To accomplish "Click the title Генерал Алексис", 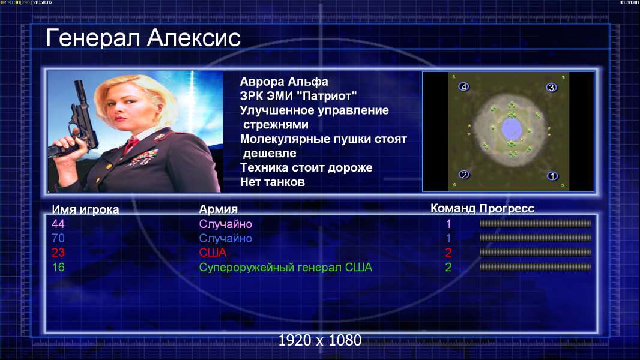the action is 143,38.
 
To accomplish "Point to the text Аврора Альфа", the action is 284,82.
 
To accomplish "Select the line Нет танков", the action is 273,182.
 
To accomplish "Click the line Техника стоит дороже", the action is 307,167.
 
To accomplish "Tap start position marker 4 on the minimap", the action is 463,86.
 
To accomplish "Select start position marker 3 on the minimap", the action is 551,87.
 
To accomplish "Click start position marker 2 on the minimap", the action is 464,175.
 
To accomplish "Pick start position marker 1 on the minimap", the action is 552,176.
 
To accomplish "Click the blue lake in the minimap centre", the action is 512,129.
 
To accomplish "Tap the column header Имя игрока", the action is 85,209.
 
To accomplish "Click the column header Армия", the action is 219,209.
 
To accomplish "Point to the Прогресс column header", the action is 507,208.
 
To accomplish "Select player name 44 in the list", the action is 58,224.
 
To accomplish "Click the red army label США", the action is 213,253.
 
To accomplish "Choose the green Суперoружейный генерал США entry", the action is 286,268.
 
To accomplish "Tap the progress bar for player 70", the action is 536,238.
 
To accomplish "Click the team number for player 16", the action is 448,268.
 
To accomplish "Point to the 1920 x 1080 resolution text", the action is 320,340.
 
